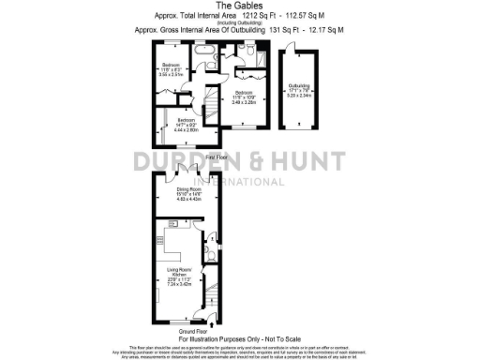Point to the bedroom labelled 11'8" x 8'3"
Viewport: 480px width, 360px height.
[x=170, y=67]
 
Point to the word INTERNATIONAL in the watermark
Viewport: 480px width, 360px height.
[x=241, y=181]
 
